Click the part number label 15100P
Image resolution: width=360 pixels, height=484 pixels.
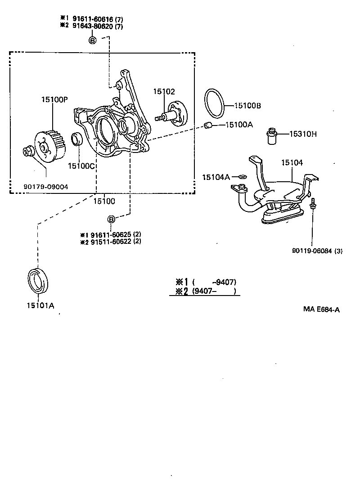pos(52,99)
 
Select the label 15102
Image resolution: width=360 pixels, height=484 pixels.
pos(164,91)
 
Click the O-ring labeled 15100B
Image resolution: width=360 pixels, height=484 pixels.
pos(214,102)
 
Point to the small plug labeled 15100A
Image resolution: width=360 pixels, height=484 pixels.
pos(208,125)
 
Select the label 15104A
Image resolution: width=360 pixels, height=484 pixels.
pos(216,177)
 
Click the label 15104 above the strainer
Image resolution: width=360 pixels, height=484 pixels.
pos(292,162)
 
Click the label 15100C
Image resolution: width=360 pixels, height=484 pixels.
pos(81,166)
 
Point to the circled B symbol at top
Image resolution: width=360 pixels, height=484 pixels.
pos(93,40)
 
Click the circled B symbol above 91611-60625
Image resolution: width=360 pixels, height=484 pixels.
pos(111,219)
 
